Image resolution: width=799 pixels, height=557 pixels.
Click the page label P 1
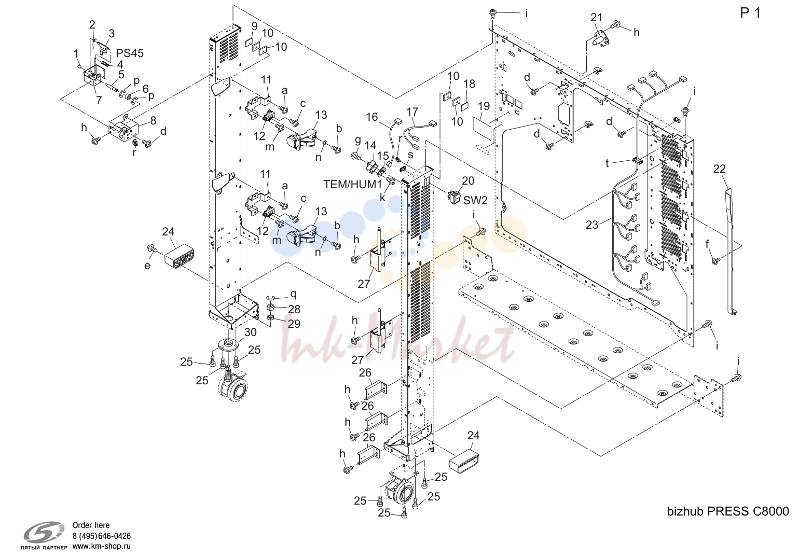tap(750, 13)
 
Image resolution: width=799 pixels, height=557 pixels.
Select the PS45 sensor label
tap(130, 53)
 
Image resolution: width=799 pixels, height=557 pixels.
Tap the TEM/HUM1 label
tap(352, 184)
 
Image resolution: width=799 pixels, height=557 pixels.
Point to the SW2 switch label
tap(475, 200)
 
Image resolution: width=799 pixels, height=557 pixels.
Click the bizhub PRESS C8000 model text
tap(727, 511)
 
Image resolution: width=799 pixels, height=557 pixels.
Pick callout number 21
tap(597, 18)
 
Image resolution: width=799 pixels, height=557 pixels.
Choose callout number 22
tap(720, 169)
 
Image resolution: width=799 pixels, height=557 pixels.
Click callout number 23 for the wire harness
tap(592, 225)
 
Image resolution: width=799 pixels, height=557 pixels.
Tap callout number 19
tap(484, 106)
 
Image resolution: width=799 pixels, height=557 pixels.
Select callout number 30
tap(251, 332)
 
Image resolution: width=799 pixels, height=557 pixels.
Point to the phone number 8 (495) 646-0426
tap(102, 536)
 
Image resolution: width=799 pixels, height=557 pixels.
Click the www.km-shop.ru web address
tap(102, 546)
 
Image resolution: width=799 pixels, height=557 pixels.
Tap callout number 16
tap(371, 117)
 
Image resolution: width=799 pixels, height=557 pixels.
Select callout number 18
tap(470, 84)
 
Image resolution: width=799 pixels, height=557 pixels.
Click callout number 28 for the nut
tap(294, 309)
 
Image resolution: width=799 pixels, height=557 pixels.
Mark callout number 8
tap(153, 120)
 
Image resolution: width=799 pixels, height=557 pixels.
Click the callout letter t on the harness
tap(607, 163)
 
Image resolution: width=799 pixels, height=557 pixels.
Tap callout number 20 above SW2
tap(468, 181)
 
